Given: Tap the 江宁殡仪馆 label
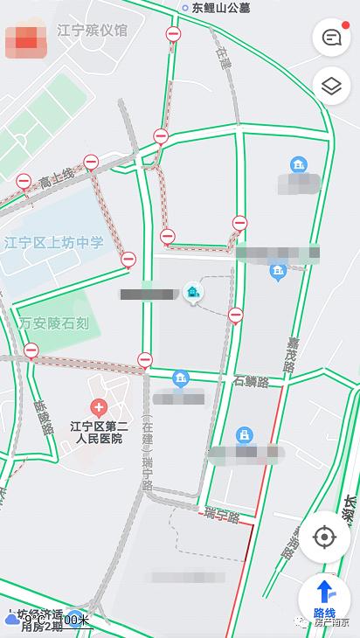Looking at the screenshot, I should pyautogui.click(x=92, y=31).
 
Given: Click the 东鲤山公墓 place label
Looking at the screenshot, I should pyautogui.click(x=220, y=7).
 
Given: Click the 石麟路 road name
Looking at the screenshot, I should pyautogui.click(x=251, y=381).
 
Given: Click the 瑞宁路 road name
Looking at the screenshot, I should pyautogui.click(x=222, y=517).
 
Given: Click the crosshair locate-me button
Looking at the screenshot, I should pyautogui.click(x=324, y=536).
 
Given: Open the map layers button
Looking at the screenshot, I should pyautogui.click(x=331, y=86).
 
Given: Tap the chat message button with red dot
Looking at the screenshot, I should pyautogui.click(x=331, y=38).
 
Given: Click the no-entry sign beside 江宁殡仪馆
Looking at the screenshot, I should pyautogui.click(x=173, y=34).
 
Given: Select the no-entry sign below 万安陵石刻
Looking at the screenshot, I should pyautogui.click(x=31, y=351).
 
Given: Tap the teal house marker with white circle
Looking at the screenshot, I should pyautogui.click(x=192, y=292).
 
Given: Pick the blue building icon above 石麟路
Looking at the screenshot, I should pyautogui.click(x=181, y=378).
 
